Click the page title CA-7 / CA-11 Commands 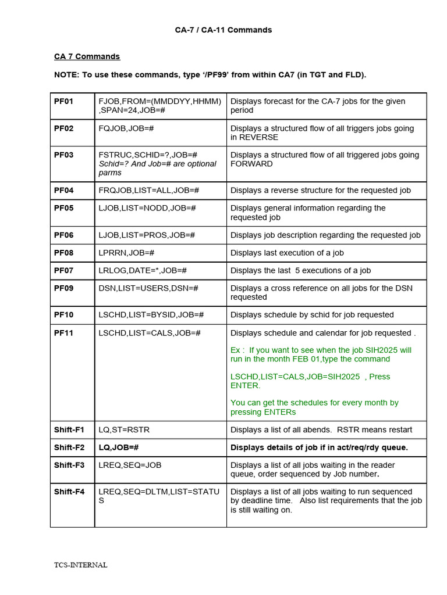[x=223, y=30]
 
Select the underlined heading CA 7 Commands [x=87, y=56]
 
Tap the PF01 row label [x=64, y=101]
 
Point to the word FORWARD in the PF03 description [x=251, y=164]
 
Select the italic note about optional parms [x=157, y=168]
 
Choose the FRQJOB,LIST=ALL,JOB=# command [x=149, y=190]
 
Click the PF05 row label [x=64, y=208]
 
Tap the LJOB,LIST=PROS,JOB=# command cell [x=147, y=235]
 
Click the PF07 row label [x=64, y=270]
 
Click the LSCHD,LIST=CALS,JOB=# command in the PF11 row [x=150, y=332]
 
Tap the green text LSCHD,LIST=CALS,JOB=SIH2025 [x=295, y=377]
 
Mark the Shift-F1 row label [x=69, y=429]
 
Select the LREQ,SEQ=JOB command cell [x=130, y=465]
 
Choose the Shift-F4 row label [x=69, y=492]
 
